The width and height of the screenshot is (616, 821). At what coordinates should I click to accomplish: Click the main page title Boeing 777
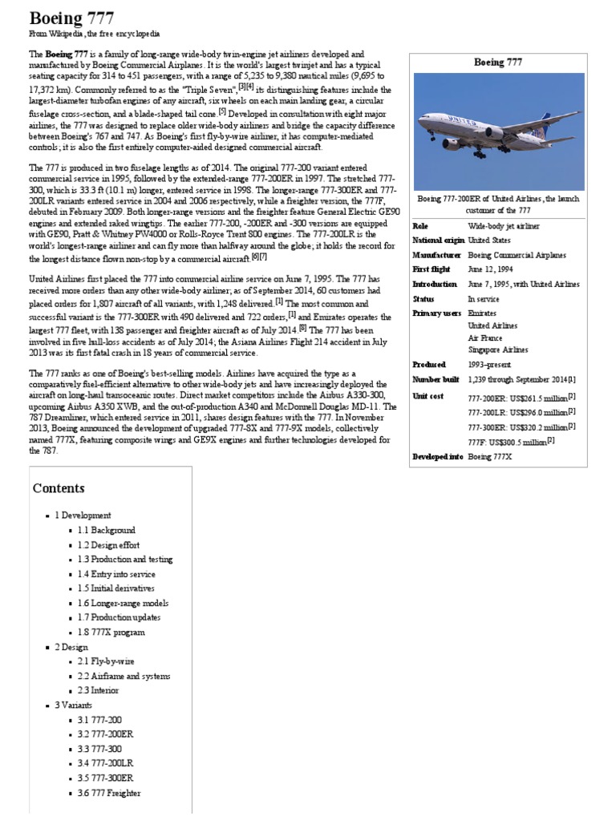click(71, 18)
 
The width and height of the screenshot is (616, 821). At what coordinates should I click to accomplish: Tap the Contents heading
click(59, 487)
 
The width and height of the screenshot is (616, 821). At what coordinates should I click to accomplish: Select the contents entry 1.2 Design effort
click(108, 544)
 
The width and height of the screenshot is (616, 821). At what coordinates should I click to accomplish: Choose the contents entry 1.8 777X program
click(111, 632)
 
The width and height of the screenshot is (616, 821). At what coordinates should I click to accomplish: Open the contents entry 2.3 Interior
click(99, 690)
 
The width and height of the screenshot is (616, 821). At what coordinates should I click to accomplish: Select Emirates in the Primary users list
click(482, 313)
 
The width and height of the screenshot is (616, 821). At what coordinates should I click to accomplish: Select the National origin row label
click(437, 240)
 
